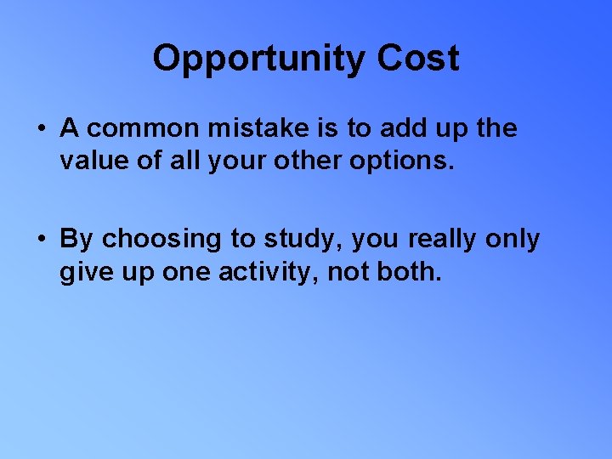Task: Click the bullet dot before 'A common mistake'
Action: [x=42, y=129]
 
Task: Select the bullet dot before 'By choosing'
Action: [x=42, y=241]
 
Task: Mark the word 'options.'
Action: [x=405, y=161]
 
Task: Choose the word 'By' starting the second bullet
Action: [x=76, y=241]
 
